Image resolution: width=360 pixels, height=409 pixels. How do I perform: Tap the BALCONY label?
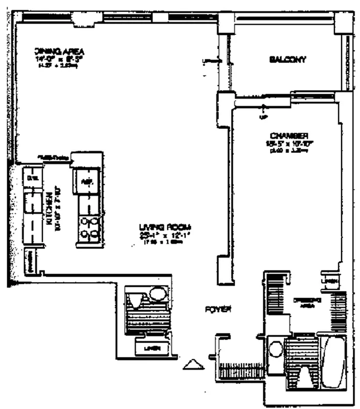(287, 60)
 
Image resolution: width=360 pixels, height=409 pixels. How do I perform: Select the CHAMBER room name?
(288, 135)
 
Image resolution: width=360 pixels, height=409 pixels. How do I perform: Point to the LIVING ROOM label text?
(161, 228)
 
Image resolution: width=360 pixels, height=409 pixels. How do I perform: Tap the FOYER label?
(219, 309)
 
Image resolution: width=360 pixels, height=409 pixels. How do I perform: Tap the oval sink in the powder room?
(156, 296)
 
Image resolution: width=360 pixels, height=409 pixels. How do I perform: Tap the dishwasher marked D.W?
(32, 178)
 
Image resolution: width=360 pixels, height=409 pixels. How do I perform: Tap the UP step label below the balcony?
(264, 117)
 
